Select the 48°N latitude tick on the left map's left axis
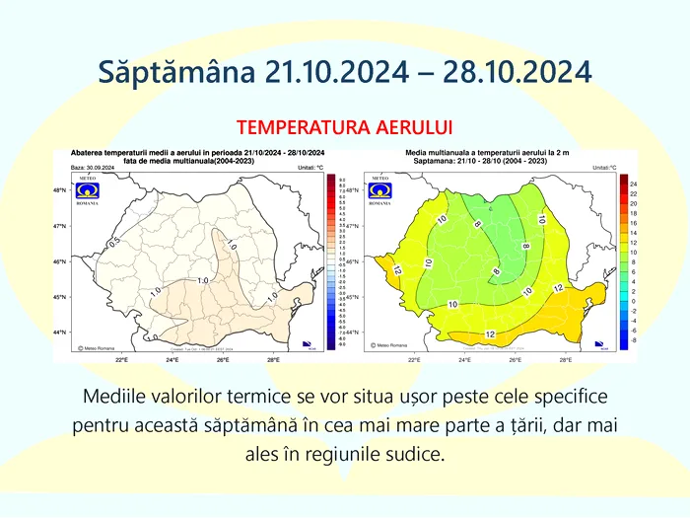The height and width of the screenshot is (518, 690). [59, 190]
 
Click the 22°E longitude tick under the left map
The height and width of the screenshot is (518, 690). [121, 360]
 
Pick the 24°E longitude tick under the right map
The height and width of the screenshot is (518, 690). [464, 360]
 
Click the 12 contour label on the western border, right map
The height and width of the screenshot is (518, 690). [396, 268]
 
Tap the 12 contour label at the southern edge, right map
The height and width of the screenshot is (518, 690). [490, 334]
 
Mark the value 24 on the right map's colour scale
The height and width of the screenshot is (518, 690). [633, 185]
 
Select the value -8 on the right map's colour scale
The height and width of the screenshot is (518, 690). [633, 340]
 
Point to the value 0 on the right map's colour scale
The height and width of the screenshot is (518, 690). [633, 301]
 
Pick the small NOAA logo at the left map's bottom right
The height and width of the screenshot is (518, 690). [311, 346]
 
